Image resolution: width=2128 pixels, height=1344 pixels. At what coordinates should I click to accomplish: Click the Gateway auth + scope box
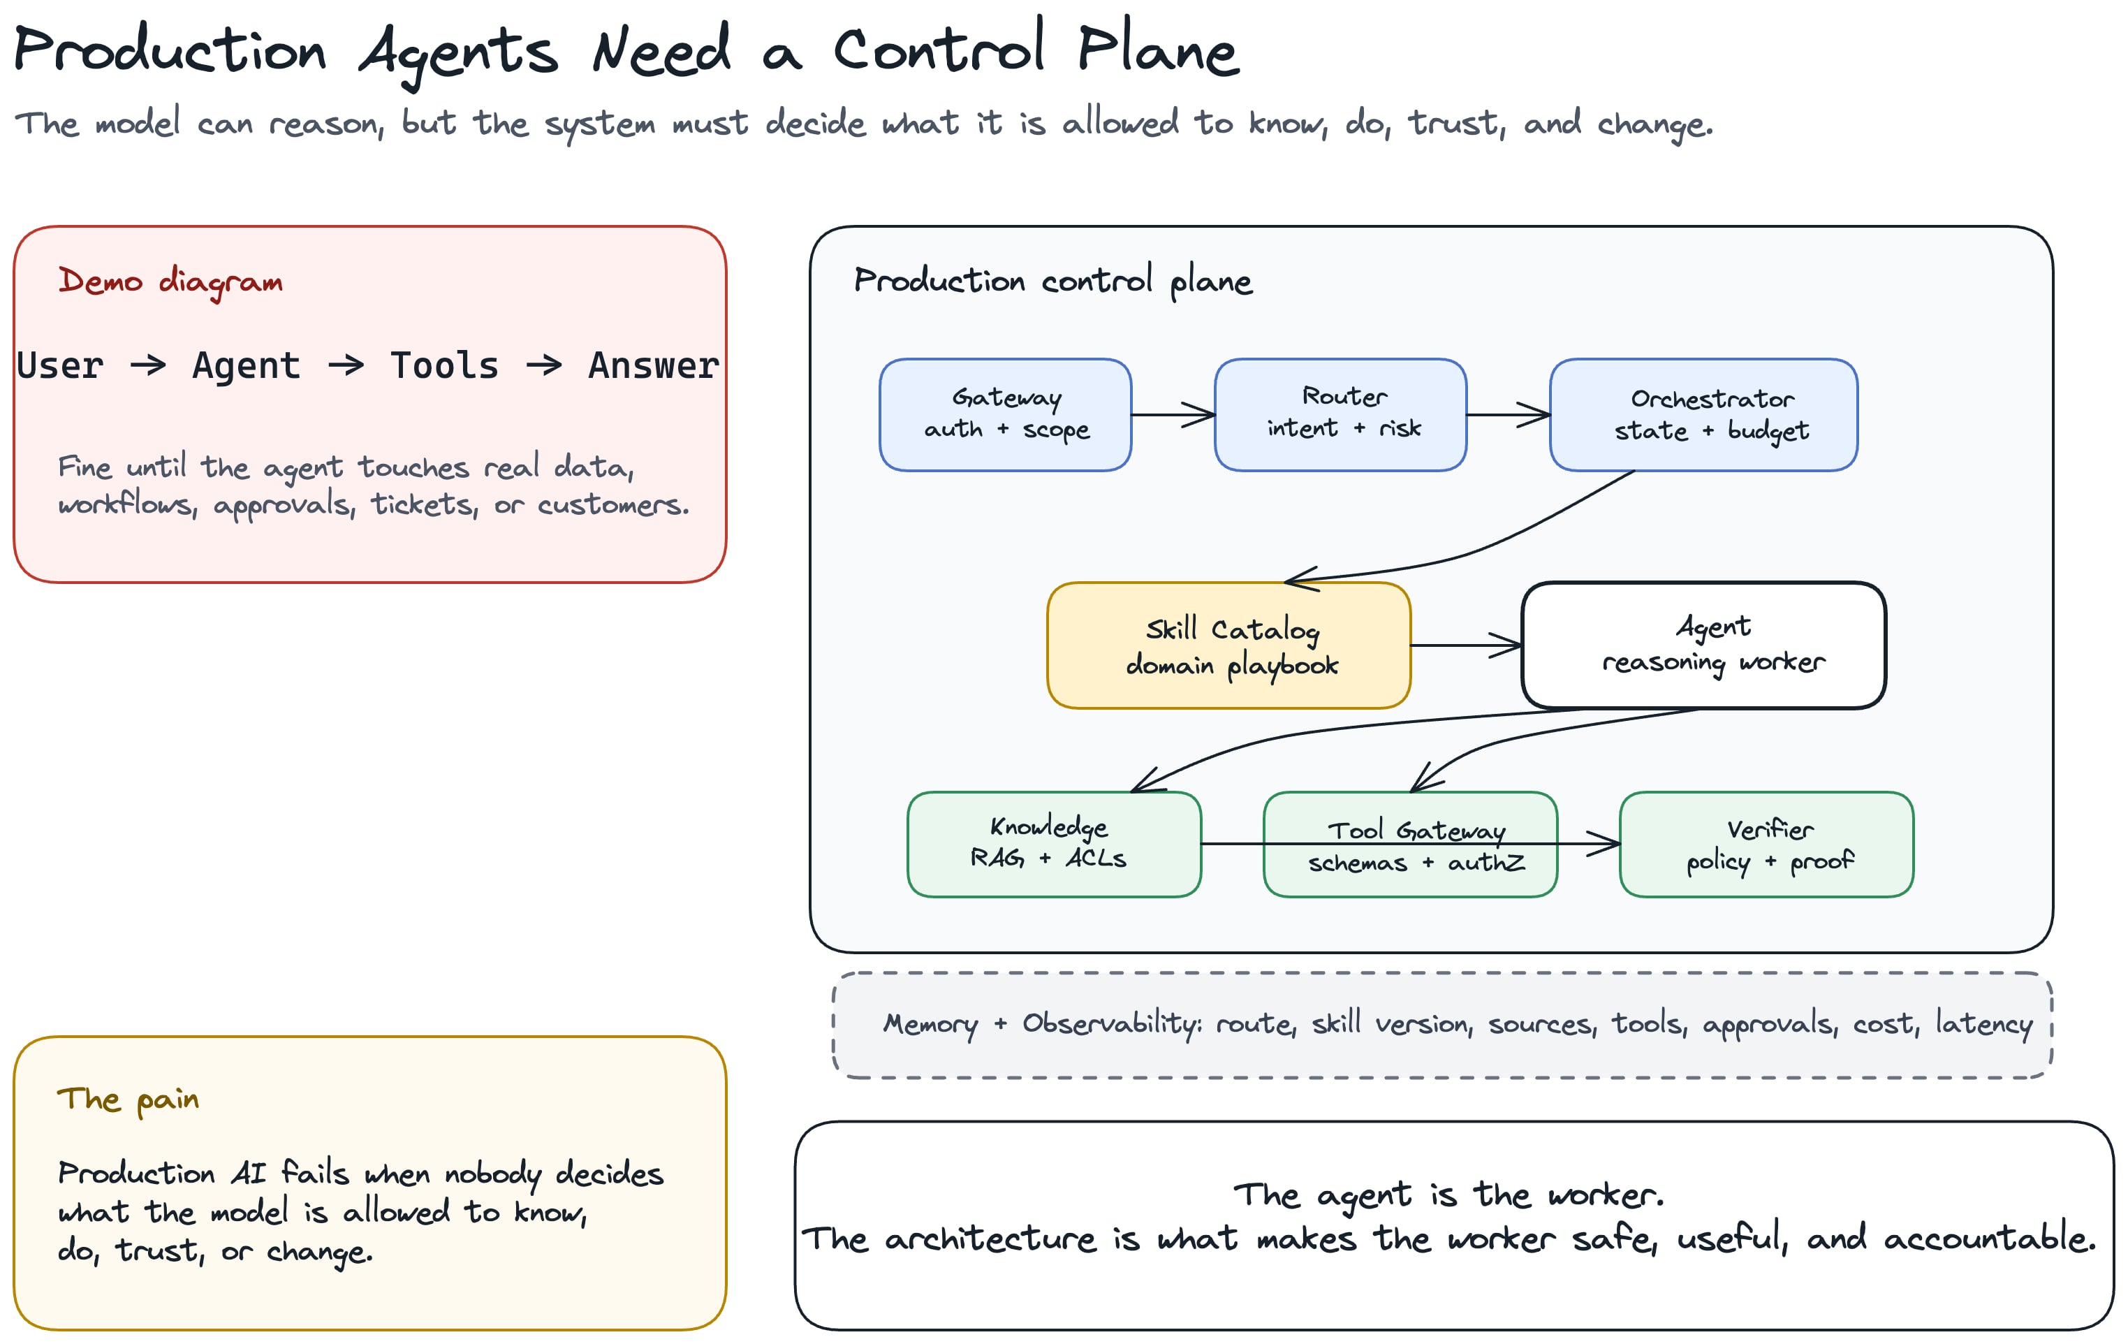point(1006,414)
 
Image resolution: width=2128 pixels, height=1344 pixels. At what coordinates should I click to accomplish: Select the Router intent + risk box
point(1341,414)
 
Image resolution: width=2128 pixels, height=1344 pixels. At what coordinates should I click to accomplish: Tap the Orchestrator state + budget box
point(1704,414)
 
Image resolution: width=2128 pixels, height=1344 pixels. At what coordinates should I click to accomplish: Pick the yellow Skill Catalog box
point(1229,645)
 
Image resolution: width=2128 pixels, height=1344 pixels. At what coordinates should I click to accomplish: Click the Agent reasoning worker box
point(1704,645)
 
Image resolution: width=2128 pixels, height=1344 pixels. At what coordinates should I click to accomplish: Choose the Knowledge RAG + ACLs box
point(1055,844)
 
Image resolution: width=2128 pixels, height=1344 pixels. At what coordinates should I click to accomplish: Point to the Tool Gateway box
point(1411,844)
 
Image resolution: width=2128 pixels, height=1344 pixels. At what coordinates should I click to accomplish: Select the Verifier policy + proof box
point(1766,844)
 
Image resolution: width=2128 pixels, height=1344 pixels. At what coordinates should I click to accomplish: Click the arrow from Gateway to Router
point(1173,414)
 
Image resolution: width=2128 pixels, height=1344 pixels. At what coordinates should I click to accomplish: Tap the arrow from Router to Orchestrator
point(1509,414)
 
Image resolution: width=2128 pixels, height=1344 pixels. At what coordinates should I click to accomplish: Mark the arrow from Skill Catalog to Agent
point(1466,645)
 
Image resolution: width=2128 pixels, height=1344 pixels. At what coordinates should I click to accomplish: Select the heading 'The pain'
point(128,1100)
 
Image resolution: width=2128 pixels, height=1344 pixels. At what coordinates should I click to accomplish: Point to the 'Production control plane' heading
point(1052,281)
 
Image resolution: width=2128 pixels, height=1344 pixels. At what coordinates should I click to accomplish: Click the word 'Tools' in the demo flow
point(444,365)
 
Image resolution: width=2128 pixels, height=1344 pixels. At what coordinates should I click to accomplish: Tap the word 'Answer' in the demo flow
point(654,365)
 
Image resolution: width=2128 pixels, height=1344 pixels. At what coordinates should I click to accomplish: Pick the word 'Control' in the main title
point(939,49)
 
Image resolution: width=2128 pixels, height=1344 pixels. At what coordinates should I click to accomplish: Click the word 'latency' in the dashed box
point(1984,1023)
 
